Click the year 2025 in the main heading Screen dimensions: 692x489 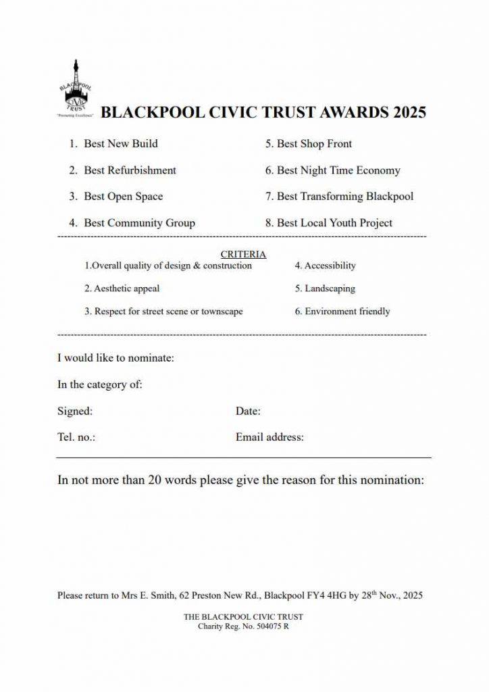409,112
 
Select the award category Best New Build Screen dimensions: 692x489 120,143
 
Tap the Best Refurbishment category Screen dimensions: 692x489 130,170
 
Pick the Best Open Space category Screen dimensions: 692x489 123,197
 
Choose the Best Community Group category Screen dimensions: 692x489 139,223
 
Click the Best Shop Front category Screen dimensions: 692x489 314,143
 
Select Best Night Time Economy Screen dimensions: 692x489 338,170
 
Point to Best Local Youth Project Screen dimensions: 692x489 334,223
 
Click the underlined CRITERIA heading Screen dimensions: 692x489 243,255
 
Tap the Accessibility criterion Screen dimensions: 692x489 330,266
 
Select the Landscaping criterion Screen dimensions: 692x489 330,289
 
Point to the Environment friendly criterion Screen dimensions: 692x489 347,312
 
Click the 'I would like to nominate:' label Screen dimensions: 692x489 115,357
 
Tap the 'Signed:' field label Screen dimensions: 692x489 75,411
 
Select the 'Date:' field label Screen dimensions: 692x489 248,411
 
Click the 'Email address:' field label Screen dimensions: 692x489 269,437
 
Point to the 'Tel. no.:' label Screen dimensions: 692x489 76,437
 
